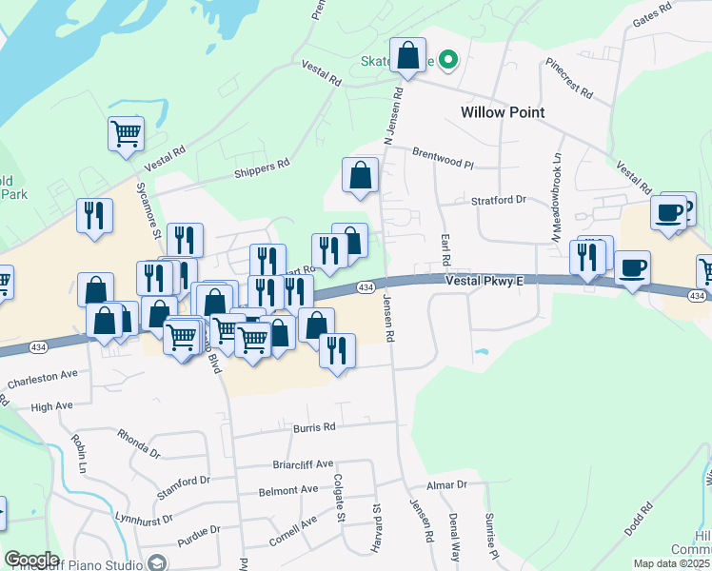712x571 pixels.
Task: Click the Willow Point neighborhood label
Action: pyautogui.click(x=503, y=112)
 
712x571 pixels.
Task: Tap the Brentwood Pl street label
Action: pyautogui.click(x=443, y=157)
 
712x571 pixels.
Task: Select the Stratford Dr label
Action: pyautogui.click(x=499, y=200)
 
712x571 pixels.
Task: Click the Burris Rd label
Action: pyautogui.click(x=315, y=428)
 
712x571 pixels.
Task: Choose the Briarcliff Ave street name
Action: pyautogui.click(x=302, y=464)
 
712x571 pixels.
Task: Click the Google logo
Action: pyautogui.click(x=31, y=560)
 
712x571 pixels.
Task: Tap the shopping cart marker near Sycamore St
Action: pyautogui.click(x=126, y=135)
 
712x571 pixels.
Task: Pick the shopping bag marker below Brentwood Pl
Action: pyautogui.click(x=360, y=176)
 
